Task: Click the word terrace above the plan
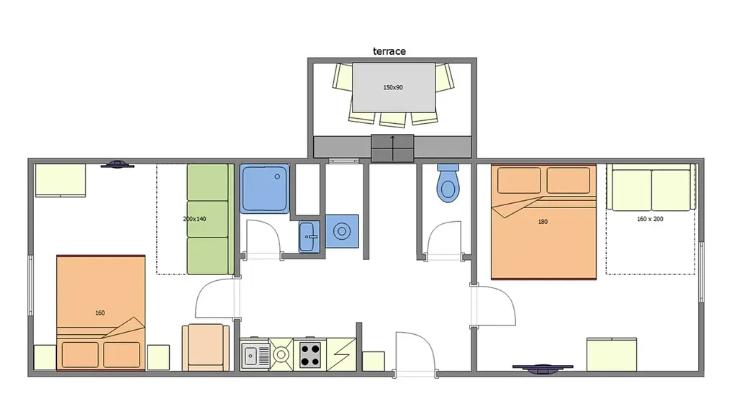pyautogui.click(x=389, y=51)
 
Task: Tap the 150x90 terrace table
pyautogui.click(x=394, y=87)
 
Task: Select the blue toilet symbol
pyautogui.click(x=448, y=183)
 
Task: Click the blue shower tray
pyautogui.click(x=265, y=188)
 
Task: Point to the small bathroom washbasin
pyautogui.click(x=309, y=236)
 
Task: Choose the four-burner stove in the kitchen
pyautogui.click(x=310, y=354)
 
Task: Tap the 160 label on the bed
pyautogui.click(x=100, y=313)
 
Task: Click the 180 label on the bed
pyautogui.click(x=543, y=222)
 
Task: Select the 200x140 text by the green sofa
pyautogui.click(x=194, y=219)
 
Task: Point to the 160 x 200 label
pyautogui.click(x=650, y=219)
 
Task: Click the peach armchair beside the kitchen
pyautogui.click(x=206, y=348)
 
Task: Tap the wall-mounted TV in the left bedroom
pyautogui.click(x=117, y=164)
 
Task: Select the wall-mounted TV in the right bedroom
pyautogui.click(x=543, y=369)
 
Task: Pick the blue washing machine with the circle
pyautogui.click(x=342, y=231)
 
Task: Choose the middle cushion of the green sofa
pyautogui.click(x=207, y=219)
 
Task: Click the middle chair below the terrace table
pyautogui.click(x=393, y=120)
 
